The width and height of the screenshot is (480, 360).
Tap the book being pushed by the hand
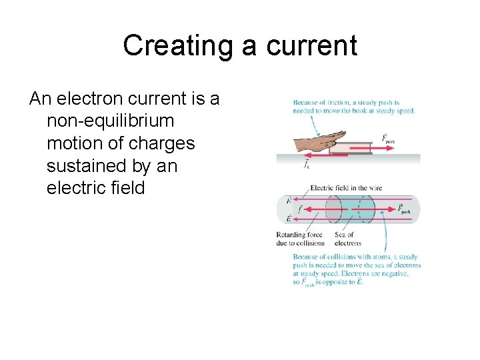353,146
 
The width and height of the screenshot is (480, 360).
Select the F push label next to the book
389,139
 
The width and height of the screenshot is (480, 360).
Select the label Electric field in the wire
345,189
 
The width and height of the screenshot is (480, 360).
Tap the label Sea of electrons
347,239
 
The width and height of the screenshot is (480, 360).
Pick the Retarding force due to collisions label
299,239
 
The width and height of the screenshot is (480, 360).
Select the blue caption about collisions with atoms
357,269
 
